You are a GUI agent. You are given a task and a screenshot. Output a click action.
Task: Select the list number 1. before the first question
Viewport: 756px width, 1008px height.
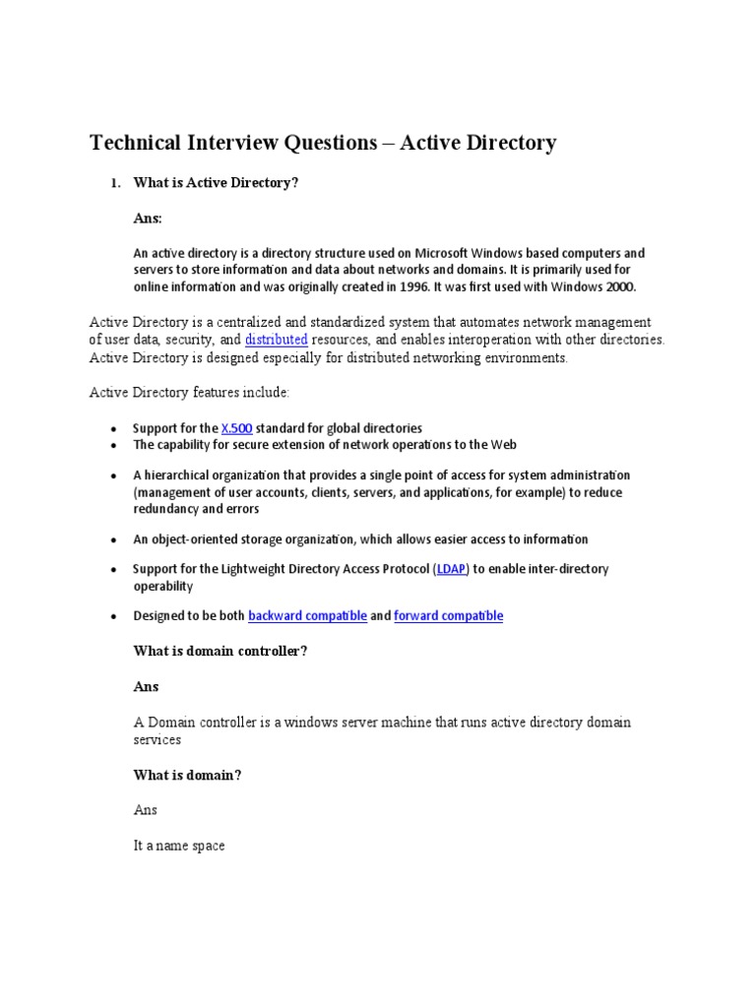[114, 183]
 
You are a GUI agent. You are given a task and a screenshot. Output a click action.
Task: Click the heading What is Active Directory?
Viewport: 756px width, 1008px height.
[216, 183]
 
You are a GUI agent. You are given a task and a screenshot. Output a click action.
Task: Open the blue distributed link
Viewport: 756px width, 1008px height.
[276, 340]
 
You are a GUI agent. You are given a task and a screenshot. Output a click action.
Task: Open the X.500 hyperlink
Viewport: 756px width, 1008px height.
[236, 428]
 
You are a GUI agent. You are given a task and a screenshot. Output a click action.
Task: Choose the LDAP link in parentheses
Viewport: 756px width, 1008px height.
[452, 569]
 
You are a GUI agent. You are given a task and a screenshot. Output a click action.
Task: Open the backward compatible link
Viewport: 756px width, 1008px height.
[307, 616]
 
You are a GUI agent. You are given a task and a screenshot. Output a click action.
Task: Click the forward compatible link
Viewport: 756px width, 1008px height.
[448, 616]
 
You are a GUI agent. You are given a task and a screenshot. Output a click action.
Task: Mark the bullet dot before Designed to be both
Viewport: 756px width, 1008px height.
[114, 617]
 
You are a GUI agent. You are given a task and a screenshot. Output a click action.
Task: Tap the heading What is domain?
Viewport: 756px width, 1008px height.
[187, 776]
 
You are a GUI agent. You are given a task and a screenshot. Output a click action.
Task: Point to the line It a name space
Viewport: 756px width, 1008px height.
[179, 846]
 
